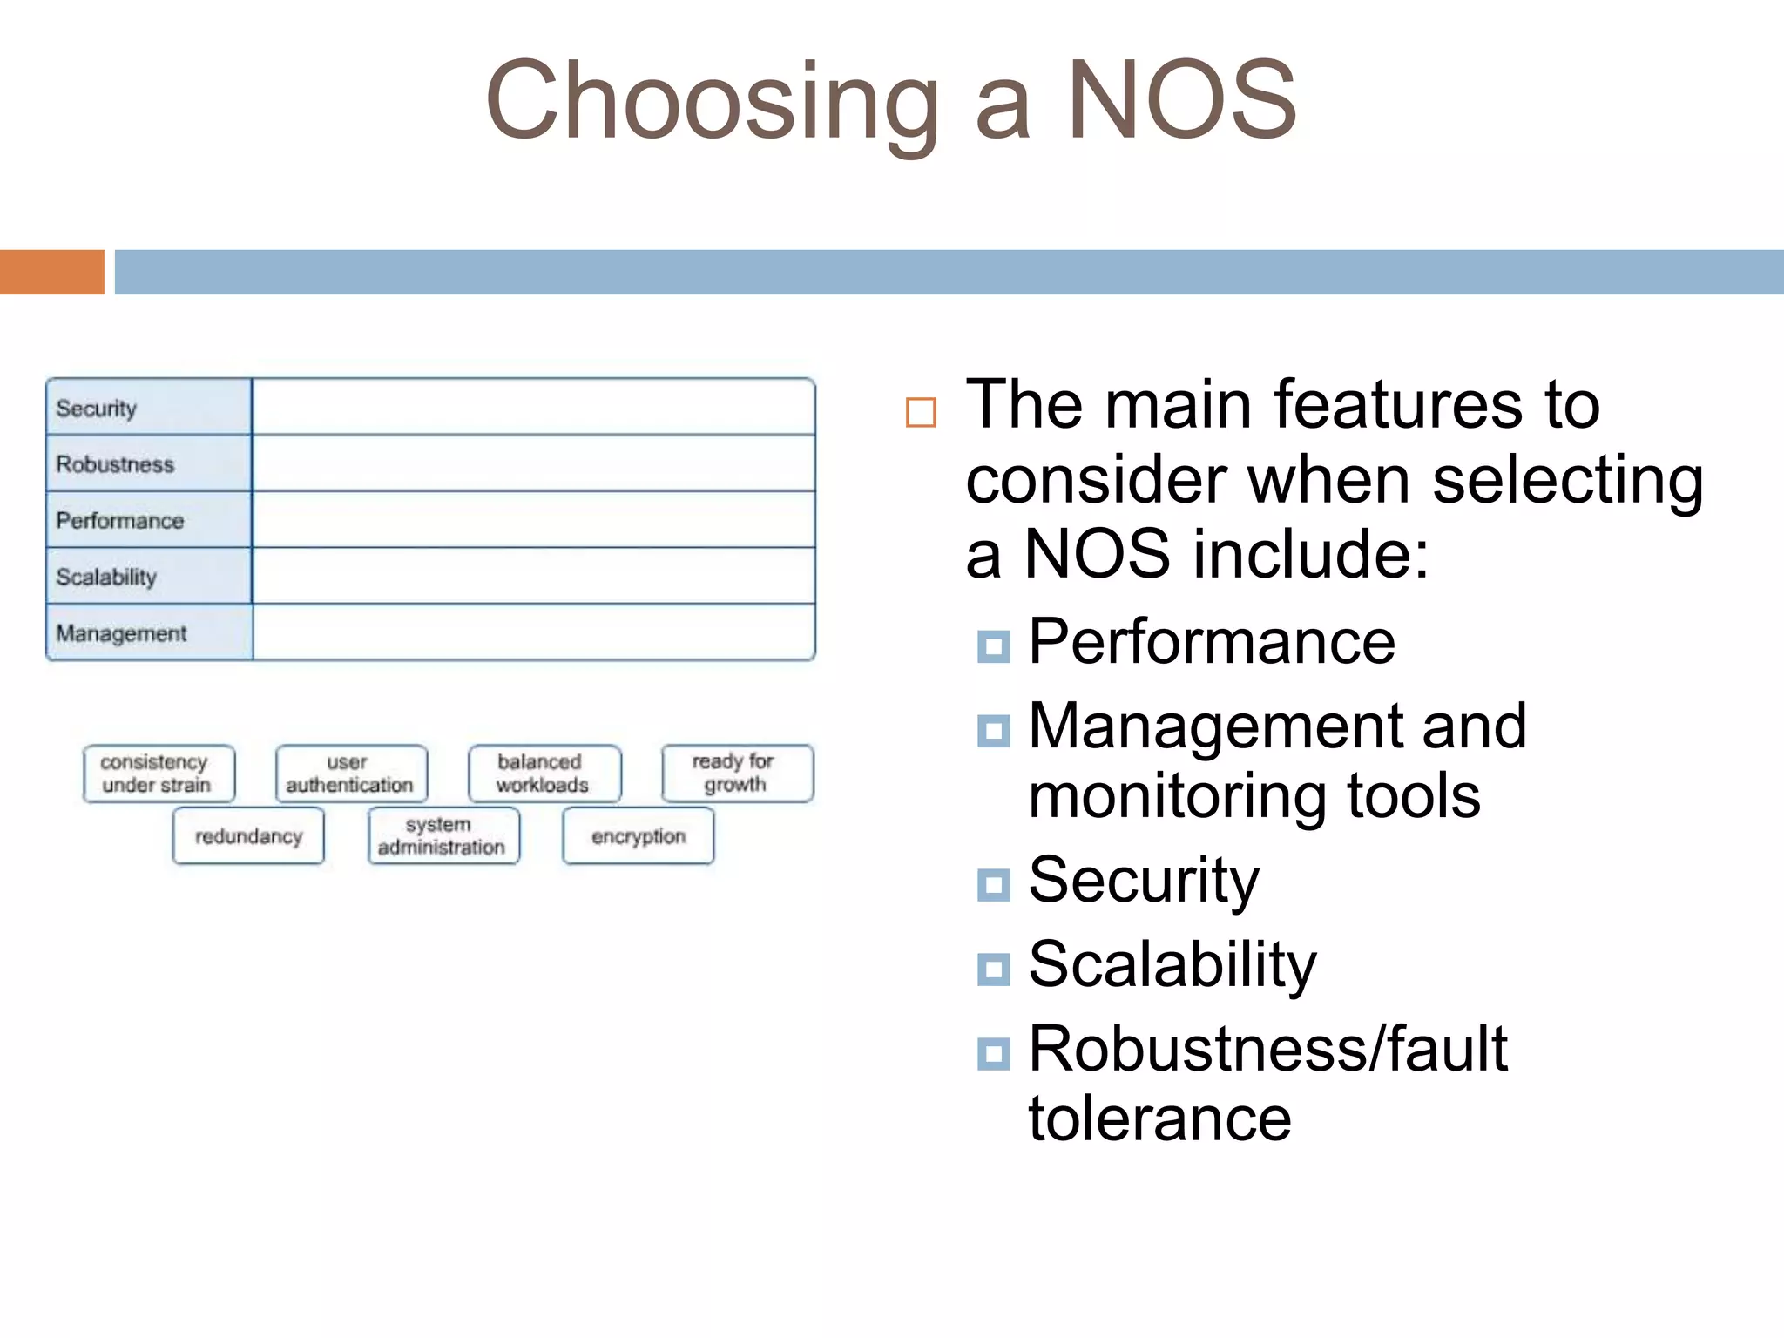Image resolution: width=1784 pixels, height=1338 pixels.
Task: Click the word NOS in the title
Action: click(x=1181, y=99)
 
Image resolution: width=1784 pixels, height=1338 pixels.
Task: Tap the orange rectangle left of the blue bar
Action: click(x=51, y=272)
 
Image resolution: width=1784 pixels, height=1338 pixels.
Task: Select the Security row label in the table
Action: click(x=97, y=408)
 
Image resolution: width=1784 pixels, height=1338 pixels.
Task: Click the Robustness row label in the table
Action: click(x=115, y=464)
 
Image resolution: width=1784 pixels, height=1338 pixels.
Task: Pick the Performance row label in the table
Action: click(x=120, y=521)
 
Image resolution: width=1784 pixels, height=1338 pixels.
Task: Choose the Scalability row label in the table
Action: click(x=106, y=577)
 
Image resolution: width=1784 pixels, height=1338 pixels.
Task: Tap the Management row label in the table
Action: click(x=121, y=633)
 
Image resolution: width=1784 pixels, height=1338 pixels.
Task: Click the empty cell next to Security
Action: click(x=533, y=407)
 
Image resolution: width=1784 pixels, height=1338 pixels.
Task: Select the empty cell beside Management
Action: click(x=533, y=632)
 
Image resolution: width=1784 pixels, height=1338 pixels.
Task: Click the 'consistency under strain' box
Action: click(x=159, y=774)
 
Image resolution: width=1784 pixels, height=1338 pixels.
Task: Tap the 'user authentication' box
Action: click(x=351, y=774)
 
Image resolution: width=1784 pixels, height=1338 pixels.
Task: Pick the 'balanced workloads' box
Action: click(x=544, y=774)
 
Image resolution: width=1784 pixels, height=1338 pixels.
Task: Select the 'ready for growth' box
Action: click(x=737, y=774)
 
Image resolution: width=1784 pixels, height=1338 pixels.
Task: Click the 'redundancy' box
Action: click(x=248, y=836)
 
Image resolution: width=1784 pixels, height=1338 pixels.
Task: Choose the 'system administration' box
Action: click(x=443, y=836)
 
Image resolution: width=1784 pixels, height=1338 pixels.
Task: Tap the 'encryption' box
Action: click(x=638, y=836)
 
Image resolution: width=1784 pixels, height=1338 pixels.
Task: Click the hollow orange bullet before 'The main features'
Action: click(x=921, y=412)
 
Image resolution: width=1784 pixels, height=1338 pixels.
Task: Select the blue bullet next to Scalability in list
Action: click(x=993, y=969)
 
